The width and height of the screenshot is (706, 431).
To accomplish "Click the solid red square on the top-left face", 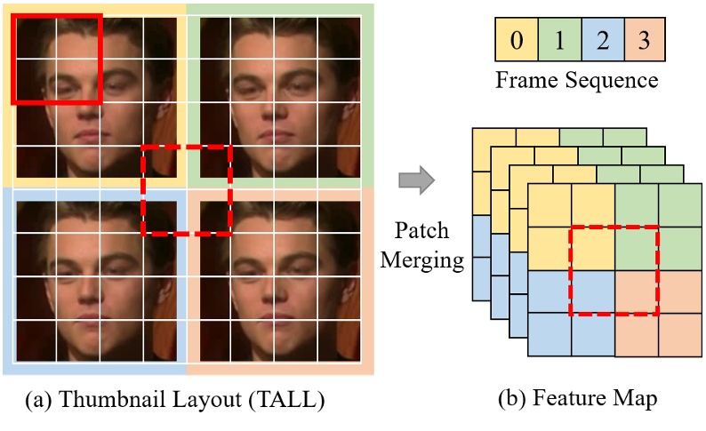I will tap(57, 59).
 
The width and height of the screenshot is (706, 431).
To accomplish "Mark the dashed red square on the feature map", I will tap(614, 271).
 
